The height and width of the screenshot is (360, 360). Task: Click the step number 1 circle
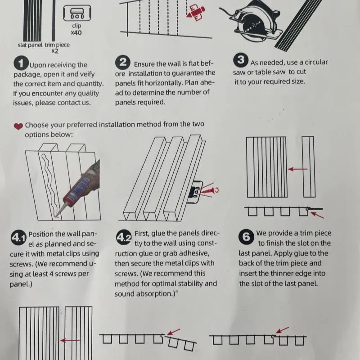click(x=21, y=63)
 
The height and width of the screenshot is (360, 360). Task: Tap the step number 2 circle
click(x=122, y=62)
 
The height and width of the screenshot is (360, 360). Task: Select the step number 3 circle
click(x=241, y=60)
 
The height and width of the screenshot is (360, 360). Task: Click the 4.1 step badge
click(x=18, y=237)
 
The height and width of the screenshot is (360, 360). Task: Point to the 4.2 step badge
click(x=124, y=237)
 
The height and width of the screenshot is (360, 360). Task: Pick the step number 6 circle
click(x=246, y=237)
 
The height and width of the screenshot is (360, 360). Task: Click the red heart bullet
click(x=18, y=126)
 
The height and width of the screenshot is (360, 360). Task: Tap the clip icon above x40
click(x=77, y=13)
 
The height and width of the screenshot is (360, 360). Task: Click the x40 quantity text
click(x=76, y=32)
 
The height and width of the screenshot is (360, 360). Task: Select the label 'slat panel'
click(x=30, y=45)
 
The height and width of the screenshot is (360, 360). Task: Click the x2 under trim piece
click(x=55, y=51)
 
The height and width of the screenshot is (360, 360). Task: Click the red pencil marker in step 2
click(x=195, y=13)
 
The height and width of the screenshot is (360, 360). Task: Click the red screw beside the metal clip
click(x=208, y=190)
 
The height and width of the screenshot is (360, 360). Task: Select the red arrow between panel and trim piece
click(x=297, y=169)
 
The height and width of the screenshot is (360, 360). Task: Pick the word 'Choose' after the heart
click(x=37, y=125)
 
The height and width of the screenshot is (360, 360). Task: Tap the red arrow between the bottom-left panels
click(x=70, y=340)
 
